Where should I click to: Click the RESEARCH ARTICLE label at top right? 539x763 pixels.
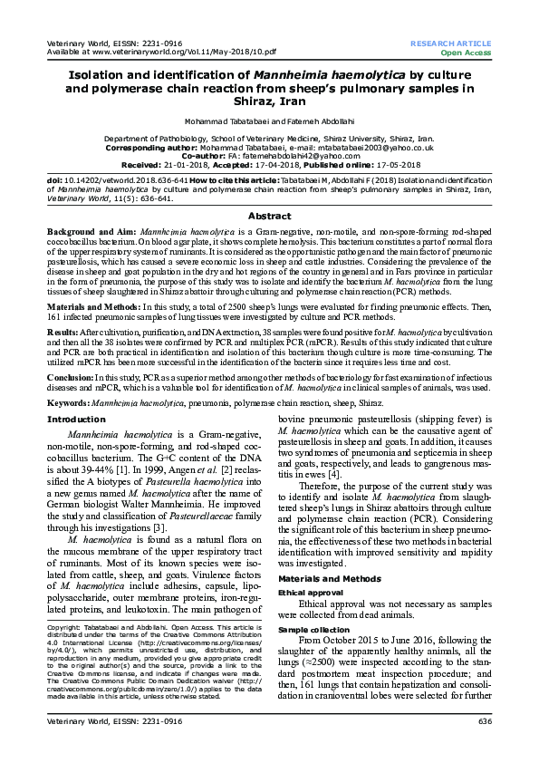pyautogui.click(x=450, y=43)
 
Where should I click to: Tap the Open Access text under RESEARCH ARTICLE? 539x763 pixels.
pyautogui.click(x=466, y=52)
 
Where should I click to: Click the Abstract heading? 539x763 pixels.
pyautogui.click(x=269, y=216)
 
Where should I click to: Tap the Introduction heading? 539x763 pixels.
pyautogui.click(x=76, y=420)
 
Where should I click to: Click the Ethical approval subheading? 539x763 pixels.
pyautogui.click(x=312, y=590)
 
